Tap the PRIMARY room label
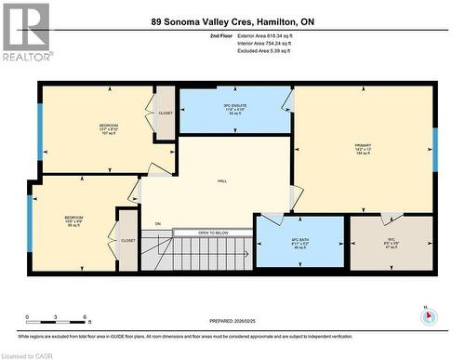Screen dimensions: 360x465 click(x=363, y=149)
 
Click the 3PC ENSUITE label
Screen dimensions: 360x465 click(x=234, y=109)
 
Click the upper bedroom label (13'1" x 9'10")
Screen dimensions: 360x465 click(x=109, y=127)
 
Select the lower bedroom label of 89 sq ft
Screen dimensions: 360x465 click(x=73, y=220)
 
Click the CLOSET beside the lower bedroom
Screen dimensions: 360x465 click(x=128, y=240)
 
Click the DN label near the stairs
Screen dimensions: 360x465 click(x=158, y=223)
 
